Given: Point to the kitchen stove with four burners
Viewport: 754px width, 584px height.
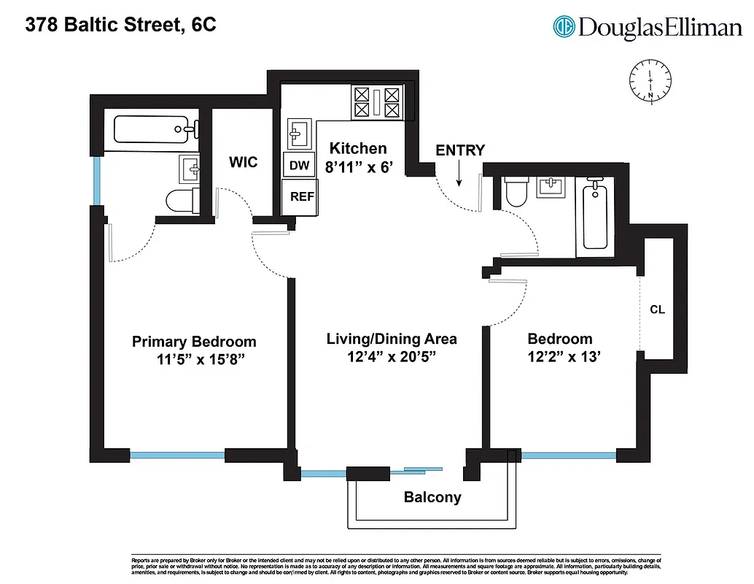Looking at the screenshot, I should point(377,102).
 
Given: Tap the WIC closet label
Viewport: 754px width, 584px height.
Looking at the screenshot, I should point(243,162).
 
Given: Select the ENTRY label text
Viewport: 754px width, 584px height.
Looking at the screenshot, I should point(460,150).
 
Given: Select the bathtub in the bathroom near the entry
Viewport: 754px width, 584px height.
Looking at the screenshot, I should point(596,217).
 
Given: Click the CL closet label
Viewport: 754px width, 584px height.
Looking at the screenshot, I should point(657,310).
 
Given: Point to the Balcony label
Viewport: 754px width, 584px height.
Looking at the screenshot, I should point(432,498).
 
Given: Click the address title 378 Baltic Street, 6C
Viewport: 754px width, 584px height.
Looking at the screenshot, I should point(120,26).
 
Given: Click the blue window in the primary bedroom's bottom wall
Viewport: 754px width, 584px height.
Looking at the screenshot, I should point(177,456).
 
